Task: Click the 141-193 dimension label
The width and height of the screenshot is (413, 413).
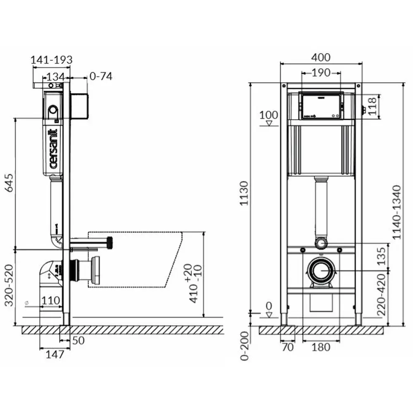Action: [x=52, y=60]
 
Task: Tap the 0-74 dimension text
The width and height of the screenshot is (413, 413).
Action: [x=101, y=76]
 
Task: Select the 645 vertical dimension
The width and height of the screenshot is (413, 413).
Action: [x=9, y=183]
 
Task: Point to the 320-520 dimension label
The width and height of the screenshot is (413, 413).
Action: [x=9, y=285]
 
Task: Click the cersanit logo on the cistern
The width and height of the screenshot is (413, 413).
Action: [x=53, y=149]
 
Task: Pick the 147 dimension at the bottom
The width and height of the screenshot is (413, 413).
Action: [x=55, y=354]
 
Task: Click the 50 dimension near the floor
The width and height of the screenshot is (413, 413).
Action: [x=78, y=340]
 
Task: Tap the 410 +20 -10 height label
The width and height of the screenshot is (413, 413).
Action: [x=195, y=283]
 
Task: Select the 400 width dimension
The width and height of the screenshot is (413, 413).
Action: [x=321, y=57]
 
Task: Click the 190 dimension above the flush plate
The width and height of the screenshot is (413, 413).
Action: [x=321, y=72]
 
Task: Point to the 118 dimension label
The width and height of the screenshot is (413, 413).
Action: [x=372, y=106]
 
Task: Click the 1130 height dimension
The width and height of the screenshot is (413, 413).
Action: [x=244, y=193]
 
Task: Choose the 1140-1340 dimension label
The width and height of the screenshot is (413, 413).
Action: [x=396, y=212]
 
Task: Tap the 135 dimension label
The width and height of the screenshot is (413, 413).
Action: [x=381, y=256]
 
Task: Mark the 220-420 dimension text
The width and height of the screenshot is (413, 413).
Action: [x=381, y=295]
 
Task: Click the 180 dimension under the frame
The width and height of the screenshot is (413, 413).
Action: [x=321, y=347]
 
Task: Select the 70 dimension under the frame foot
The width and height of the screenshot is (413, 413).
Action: [x=287, y=347]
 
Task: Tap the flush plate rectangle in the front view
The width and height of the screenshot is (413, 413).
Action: [x=321, y=106]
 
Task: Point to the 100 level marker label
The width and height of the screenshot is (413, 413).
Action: [x=269, y=115]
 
